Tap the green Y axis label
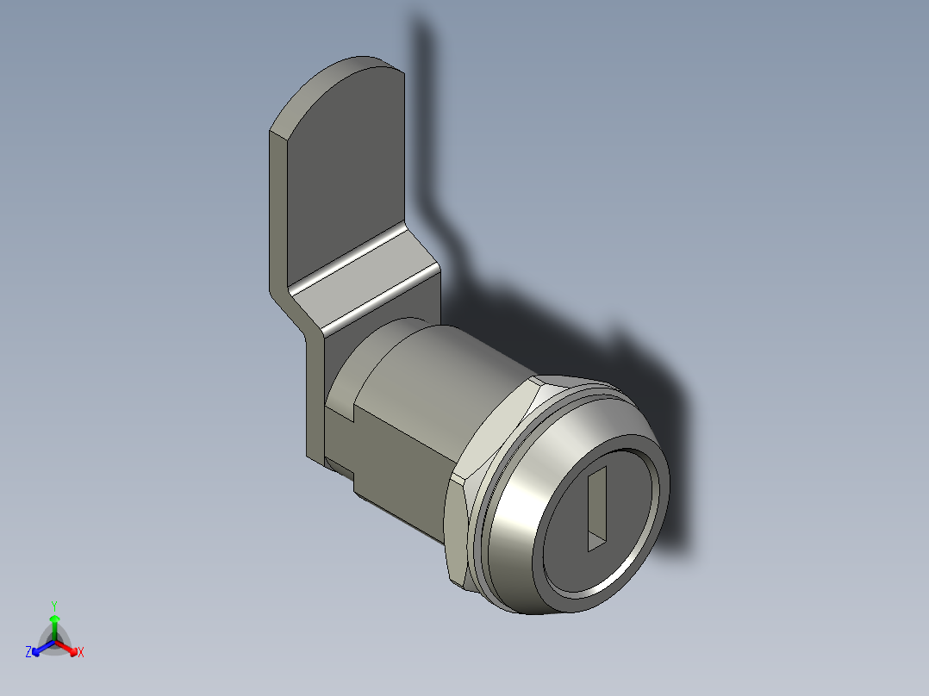pos(54,606)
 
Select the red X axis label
pos(81,653)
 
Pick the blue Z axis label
pos(28,653)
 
